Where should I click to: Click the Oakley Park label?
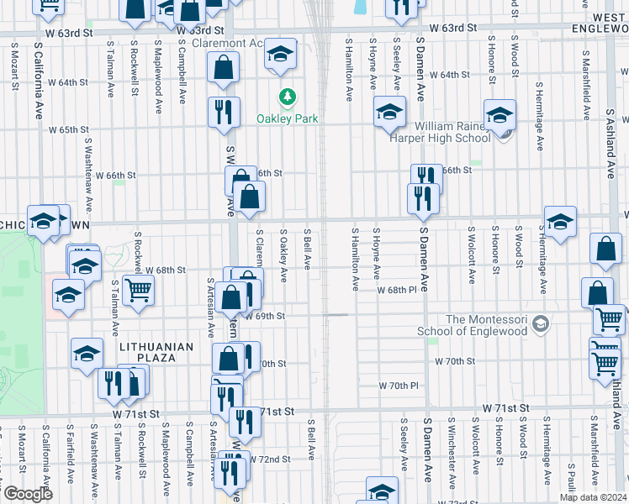pyautogui.click(x=288, y=118)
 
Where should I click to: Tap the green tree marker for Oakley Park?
pyautogui.click(x=288, y=97)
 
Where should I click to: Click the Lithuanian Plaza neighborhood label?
pyautogui.click(x=156, y=352)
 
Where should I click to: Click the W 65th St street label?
pyautogui.click(x=69, y=129)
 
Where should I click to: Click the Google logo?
pyautogui.click(x=27, y=494)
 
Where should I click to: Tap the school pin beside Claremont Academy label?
pyautogui.click(x=281, y=55)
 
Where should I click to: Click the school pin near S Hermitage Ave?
pyautogui.click(x=560, y=223)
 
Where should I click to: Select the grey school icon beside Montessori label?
pyautogui.click(x=542, y=323)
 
